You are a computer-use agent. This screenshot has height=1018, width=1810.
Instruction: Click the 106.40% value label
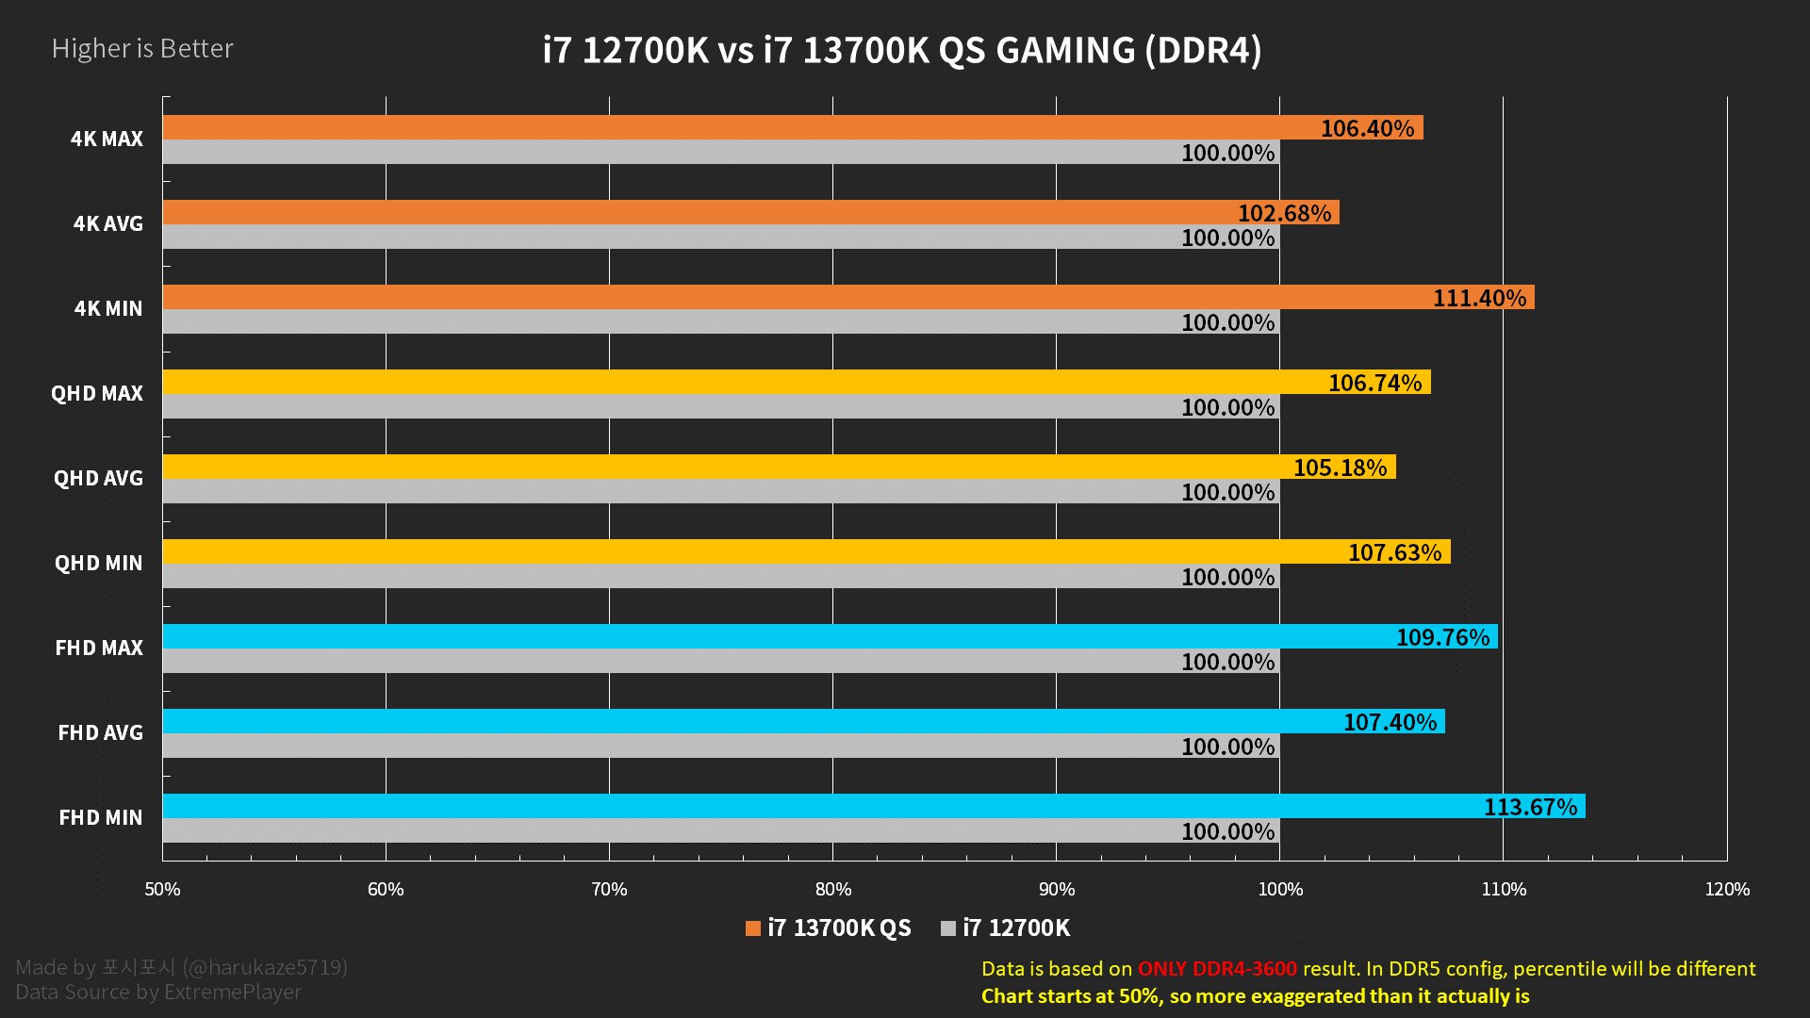coord(1367,128)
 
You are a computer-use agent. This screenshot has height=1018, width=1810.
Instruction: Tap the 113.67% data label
coord(1529,807)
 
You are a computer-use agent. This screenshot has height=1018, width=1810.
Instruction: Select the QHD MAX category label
coord(97,393)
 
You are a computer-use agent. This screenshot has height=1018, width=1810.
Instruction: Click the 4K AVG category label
coord(108,223)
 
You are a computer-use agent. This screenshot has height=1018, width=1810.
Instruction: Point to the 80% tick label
coord(832,889)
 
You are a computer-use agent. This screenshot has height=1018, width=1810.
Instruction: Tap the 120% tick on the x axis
coord(1726,889)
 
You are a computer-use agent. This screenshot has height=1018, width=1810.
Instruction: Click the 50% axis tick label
coord(162,889)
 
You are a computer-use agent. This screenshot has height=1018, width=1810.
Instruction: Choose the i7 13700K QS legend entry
coord(829,928)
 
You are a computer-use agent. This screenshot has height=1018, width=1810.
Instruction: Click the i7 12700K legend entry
coord(1006,928)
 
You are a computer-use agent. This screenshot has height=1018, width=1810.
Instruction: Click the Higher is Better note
coord(142,48)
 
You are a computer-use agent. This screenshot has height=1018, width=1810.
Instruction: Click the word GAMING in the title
coord(1065,50)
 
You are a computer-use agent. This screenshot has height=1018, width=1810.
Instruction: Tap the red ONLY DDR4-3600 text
coord(1216,968)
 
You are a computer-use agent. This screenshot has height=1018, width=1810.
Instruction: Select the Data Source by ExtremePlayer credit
coord(158,992)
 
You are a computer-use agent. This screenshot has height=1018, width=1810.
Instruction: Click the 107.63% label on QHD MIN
coord(1394,552)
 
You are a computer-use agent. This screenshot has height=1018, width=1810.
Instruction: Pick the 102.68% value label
coord(1284,213)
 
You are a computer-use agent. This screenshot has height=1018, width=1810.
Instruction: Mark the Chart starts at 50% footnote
coord(1255,995)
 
